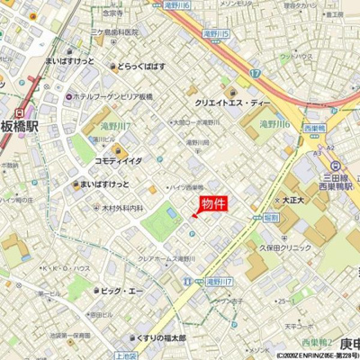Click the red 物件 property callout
pyautogui.click(x=212, y=204)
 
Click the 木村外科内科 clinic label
pyautogui.click(x=117, y=208)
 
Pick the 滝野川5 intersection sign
pyautogui.click(x=215, y=33)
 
